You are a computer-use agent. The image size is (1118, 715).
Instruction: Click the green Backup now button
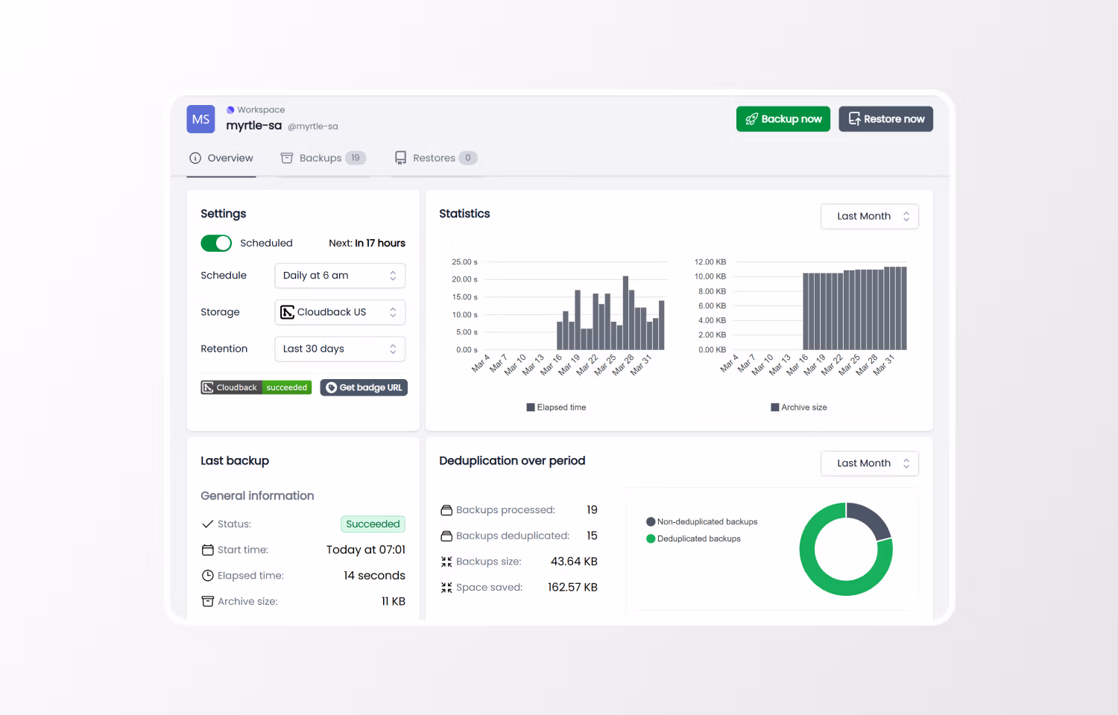pos(783,119)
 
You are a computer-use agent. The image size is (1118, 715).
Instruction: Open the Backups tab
pos(322,158)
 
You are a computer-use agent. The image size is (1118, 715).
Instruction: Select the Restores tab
pos(435,158)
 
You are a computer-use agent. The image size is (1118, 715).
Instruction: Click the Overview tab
pos(221,158)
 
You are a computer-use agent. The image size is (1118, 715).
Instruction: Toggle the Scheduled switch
pos(216,244)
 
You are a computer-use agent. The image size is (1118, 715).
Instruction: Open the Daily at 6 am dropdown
pos(339,276)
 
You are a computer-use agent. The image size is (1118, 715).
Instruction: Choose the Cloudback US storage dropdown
pos(339,312)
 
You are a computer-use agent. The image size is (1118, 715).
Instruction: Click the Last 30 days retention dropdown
pos(339,349)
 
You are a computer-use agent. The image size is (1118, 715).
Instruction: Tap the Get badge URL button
pos(364,387)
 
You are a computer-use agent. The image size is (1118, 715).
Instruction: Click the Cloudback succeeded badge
pos(256,387)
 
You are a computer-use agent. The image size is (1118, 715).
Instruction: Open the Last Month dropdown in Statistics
pos(869,217)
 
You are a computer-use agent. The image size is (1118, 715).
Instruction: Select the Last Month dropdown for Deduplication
pos(869,463)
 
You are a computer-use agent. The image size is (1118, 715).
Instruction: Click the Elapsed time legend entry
pos(556,407)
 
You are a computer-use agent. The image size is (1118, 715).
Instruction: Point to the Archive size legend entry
pos(799,407)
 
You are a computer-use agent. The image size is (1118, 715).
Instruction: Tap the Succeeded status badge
pos(373,524)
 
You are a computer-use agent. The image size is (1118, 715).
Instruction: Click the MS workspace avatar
pos(200,119)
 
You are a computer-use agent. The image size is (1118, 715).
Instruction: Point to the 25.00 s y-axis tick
pos(464,262)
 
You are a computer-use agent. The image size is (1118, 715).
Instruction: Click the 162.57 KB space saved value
pos(572,588)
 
